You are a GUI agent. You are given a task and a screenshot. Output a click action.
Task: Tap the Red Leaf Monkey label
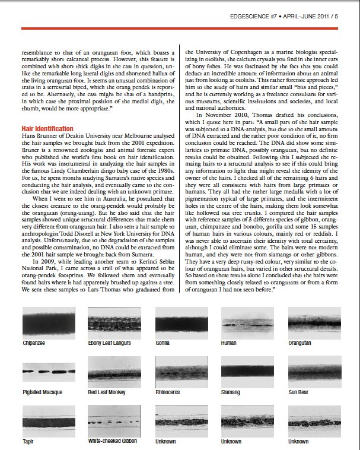[106, 392]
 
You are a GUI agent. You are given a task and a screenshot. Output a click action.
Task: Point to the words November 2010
[233, 131]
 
